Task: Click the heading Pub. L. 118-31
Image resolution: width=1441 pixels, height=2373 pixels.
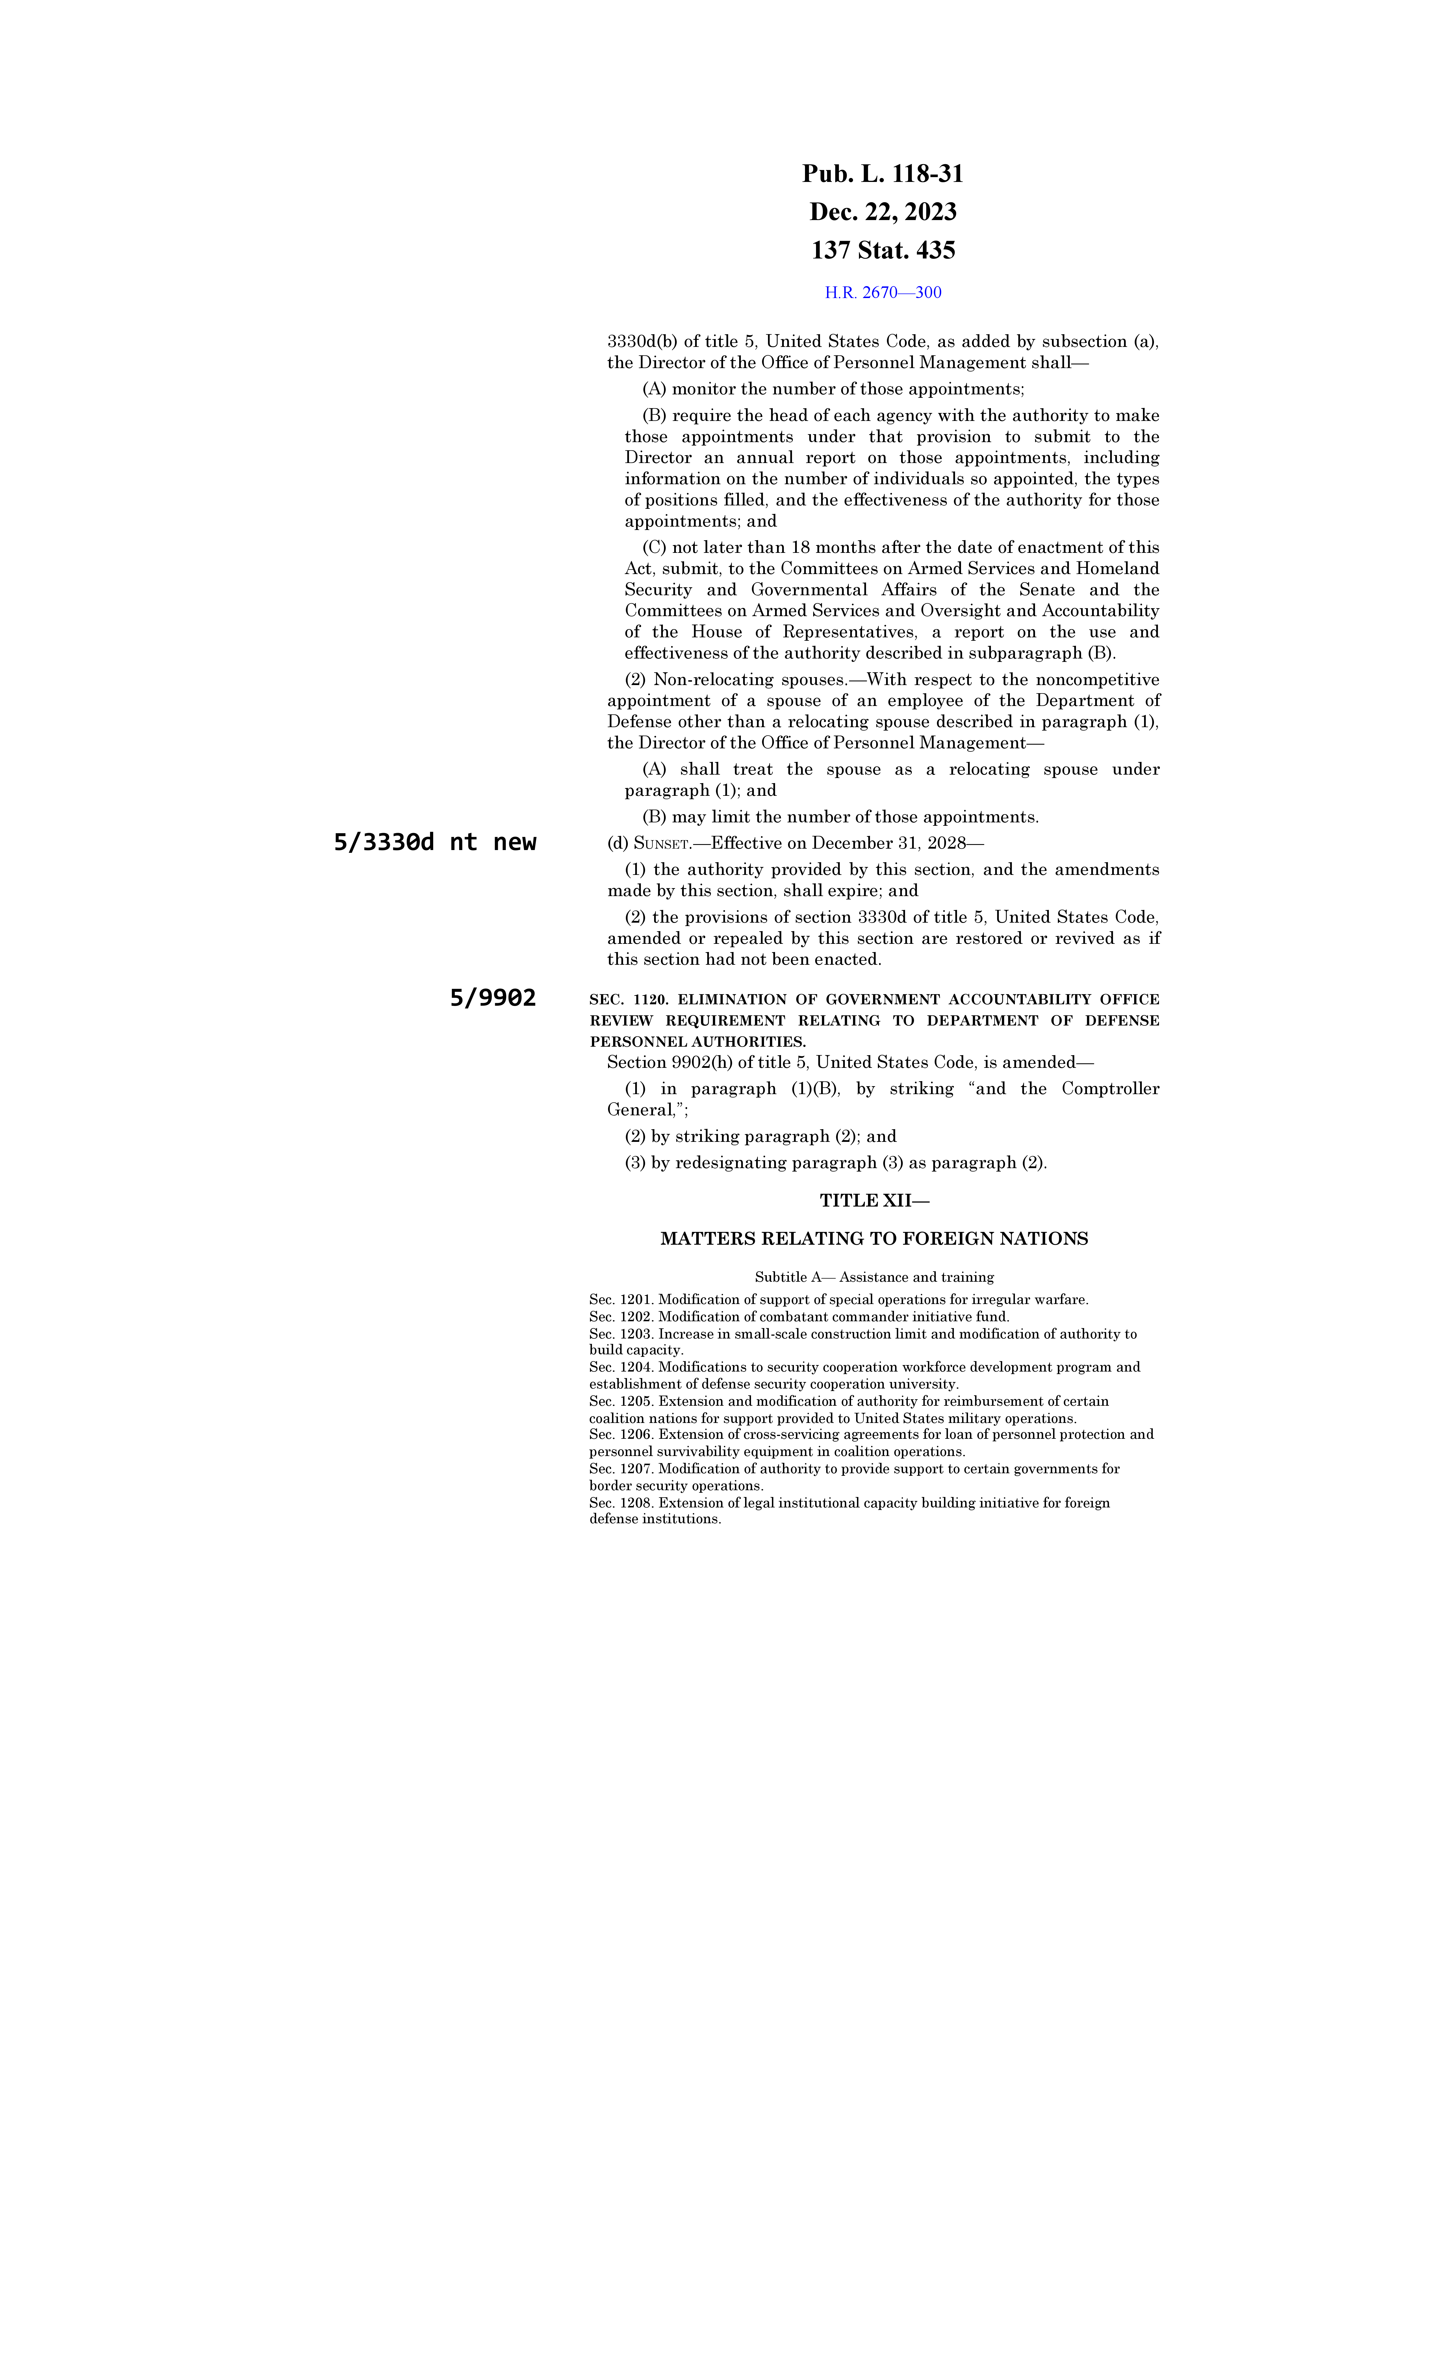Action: click(882, 174)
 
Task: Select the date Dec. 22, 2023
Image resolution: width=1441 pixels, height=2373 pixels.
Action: click(882, 212)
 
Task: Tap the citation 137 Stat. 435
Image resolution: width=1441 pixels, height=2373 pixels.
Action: click(882, 250)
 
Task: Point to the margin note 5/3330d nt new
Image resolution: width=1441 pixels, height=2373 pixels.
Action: click(435, 843)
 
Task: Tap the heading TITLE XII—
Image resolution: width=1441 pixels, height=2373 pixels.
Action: click(874, 1201)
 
